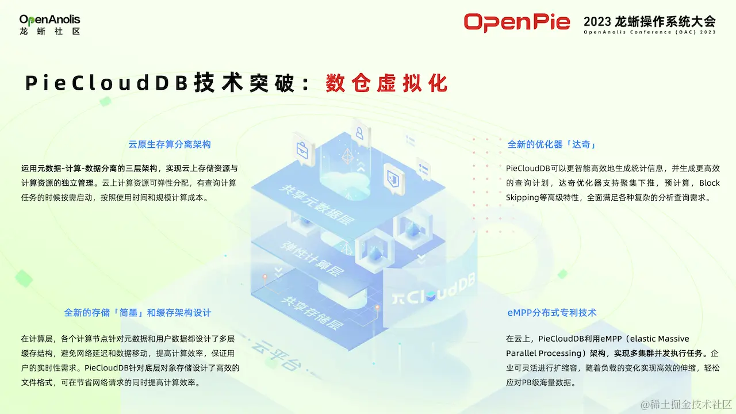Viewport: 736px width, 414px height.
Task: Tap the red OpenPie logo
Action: click(517, 22)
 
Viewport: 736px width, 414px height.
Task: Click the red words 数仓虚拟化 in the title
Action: click(386, 83)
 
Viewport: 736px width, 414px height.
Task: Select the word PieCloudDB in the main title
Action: click(107, 83)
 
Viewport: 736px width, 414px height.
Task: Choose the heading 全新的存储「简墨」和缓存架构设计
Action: click(137, 313)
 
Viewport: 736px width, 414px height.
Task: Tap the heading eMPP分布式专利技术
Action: click(551, 313)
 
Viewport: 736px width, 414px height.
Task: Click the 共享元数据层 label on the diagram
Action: click(316, 205)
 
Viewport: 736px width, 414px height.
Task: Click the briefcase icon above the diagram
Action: click(302, 149)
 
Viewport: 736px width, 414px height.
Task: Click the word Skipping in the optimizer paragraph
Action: click(523, 198)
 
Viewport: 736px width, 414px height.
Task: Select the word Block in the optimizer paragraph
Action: click(709, 183)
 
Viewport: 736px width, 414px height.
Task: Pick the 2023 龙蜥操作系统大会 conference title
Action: click(649, 22)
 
